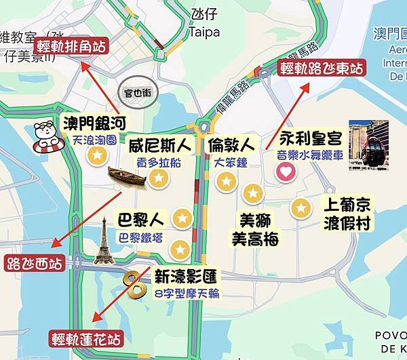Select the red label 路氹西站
pos(35,262)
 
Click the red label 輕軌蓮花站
pos(86,337)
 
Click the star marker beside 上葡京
pos(300,208)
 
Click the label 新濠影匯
pos(186,277)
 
